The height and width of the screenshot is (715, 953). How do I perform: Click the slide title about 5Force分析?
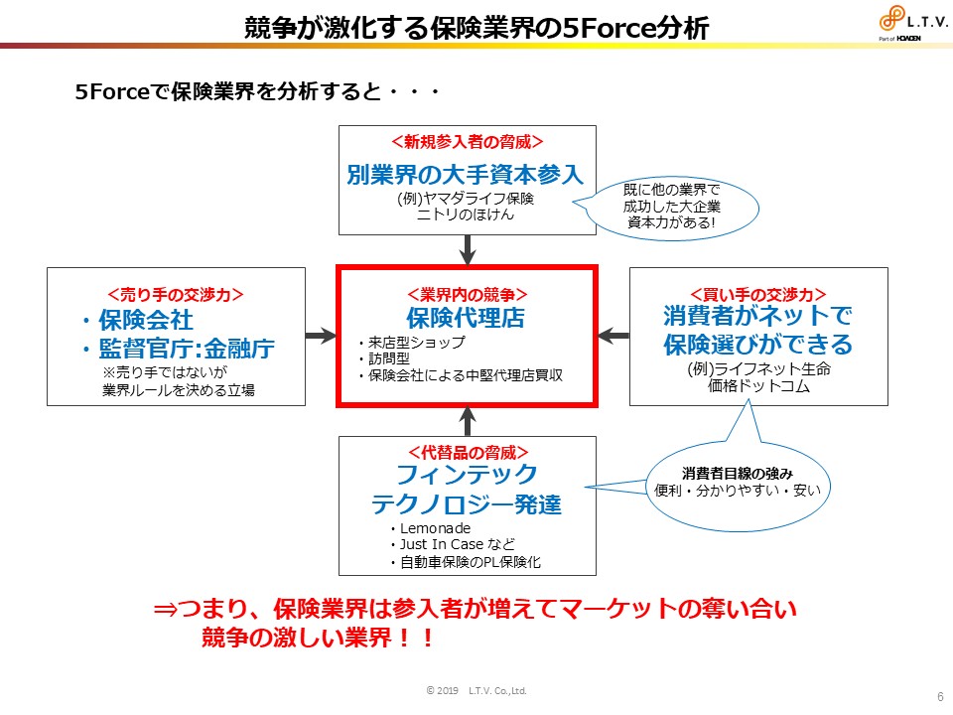[476, 27]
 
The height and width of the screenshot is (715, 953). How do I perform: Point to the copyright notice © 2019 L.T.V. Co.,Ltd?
[476, 690]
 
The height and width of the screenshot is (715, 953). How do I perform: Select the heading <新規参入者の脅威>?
[467, 142]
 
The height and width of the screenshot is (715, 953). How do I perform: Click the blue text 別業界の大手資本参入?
[467, 175]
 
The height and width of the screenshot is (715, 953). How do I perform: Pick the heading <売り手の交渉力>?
[176, 294]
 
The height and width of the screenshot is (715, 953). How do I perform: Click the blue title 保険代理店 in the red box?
[466, 318]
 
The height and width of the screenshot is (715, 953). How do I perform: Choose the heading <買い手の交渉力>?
[757, 294]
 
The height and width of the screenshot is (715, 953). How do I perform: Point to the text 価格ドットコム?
[757, 387]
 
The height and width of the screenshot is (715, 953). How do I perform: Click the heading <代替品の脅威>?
[467, 452]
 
